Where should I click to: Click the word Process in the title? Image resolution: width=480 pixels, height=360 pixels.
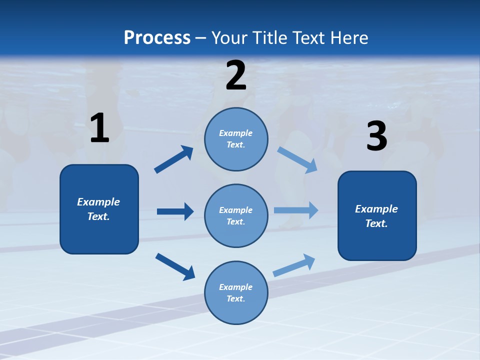click(x=157, y=37)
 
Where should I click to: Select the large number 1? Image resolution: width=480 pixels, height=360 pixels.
click(x=99, y=128)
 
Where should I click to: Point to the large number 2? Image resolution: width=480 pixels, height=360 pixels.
click(x=236, y=75)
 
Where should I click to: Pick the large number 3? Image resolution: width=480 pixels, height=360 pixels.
click(x=376, y=136)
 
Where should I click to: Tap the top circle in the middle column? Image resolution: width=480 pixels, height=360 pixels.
click(x=236, y=139)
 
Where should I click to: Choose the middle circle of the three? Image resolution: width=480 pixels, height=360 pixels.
click(x=236, y=215)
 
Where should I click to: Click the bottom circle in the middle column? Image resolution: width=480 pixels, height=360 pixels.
click(x=236, y=292)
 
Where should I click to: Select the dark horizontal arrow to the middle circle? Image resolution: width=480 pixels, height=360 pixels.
click(x=175, y=211)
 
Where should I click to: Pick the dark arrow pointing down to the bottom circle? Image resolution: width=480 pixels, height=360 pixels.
click(x=175, y=266)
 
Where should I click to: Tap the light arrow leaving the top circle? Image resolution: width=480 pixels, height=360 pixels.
click(x=297, y=160)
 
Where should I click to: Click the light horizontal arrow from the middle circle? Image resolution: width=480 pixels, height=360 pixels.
click(x=296, y=210)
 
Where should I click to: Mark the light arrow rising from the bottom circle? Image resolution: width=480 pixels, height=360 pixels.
click(x=294, y=265)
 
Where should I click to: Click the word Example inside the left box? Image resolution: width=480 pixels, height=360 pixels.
click(x=98, y=202)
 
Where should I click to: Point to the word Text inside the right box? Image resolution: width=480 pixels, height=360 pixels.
click(x=376, y=223)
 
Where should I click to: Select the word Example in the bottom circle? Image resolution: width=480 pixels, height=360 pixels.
click(x=236, y=287)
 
